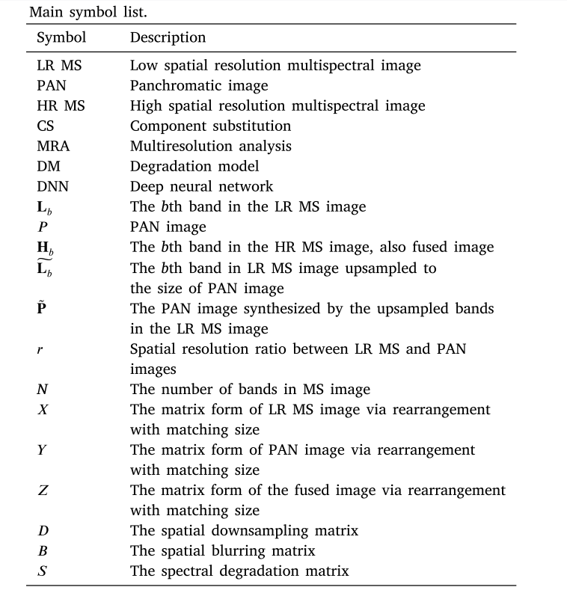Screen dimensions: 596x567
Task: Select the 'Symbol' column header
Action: [61, 37]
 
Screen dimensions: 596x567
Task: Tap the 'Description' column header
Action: [168, 37]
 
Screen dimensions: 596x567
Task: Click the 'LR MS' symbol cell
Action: [59, 65]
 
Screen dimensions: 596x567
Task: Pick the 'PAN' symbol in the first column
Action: [51, 85]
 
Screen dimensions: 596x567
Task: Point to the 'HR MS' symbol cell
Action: [61, 105]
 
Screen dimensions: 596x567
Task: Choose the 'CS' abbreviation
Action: [45, 126]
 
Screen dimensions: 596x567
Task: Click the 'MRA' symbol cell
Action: [53, 146]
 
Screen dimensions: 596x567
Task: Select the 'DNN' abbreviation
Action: [52, 186]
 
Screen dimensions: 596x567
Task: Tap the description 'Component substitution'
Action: [210, 126]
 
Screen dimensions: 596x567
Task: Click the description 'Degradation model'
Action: [194, 166]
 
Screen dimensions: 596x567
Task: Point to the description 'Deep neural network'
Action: [201, 186]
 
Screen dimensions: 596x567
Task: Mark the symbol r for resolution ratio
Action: [39, 349]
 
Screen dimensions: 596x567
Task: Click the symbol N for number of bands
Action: [41, 389]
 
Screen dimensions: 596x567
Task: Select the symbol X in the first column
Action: [42, 409]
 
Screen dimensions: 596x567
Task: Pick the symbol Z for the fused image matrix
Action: [42, 491]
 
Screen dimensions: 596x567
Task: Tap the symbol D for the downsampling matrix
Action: [42, 531]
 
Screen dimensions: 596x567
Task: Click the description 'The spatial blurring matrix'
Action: [222, 551]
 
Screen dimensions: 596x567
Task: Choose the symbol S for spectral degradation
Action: [41, 571]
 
